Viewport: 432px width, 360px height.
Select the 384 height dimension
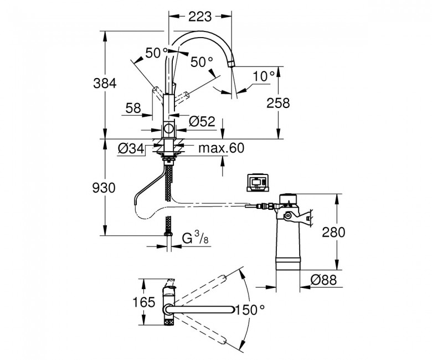104,83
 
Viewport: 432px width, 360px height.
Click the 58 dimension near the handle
133,109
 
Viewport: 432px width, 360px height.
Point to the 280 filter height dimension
333,233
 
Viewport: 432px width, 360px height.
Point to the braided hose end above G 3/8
167,227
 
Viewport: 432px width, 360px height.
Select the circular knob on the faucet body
168,130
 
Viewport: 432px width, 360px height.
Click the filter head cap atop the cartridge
289,198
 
